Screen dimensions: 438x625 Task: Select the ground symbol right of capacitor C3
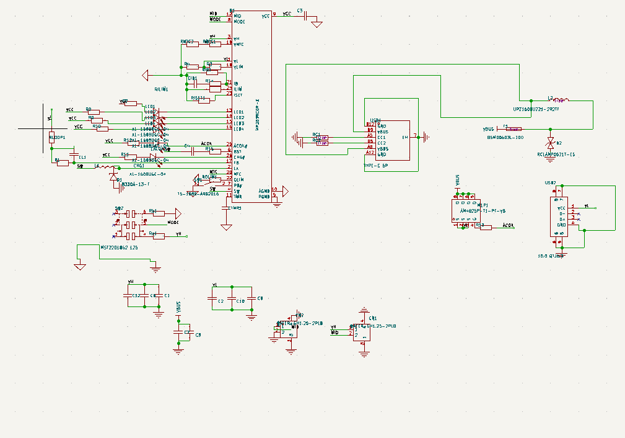coord(317,24)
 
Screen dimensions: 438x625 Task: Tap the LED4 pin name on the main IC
coord(238,129)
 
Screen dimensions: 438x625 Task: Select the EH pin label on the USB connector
coord(405,137)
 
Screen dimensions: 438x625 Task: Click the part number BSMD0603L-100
coord(505,138)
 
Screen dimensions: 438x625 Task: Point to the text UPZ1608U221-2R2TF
coord(536,109)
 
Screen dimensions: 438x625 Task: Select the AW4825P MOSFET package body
coord(470,211)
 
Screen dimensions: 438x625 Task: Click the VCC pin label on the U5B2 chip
coord(562,208)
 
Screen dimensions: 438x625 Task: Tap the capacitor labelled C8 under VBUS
coord(185,333)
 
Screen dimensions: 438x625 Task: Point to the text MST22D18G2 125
coord(119,247)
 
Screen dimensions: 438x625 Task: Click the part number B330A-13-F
coord(136,184)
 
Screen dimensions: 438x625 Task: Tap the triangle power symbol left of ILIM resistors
coord(146,76)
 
